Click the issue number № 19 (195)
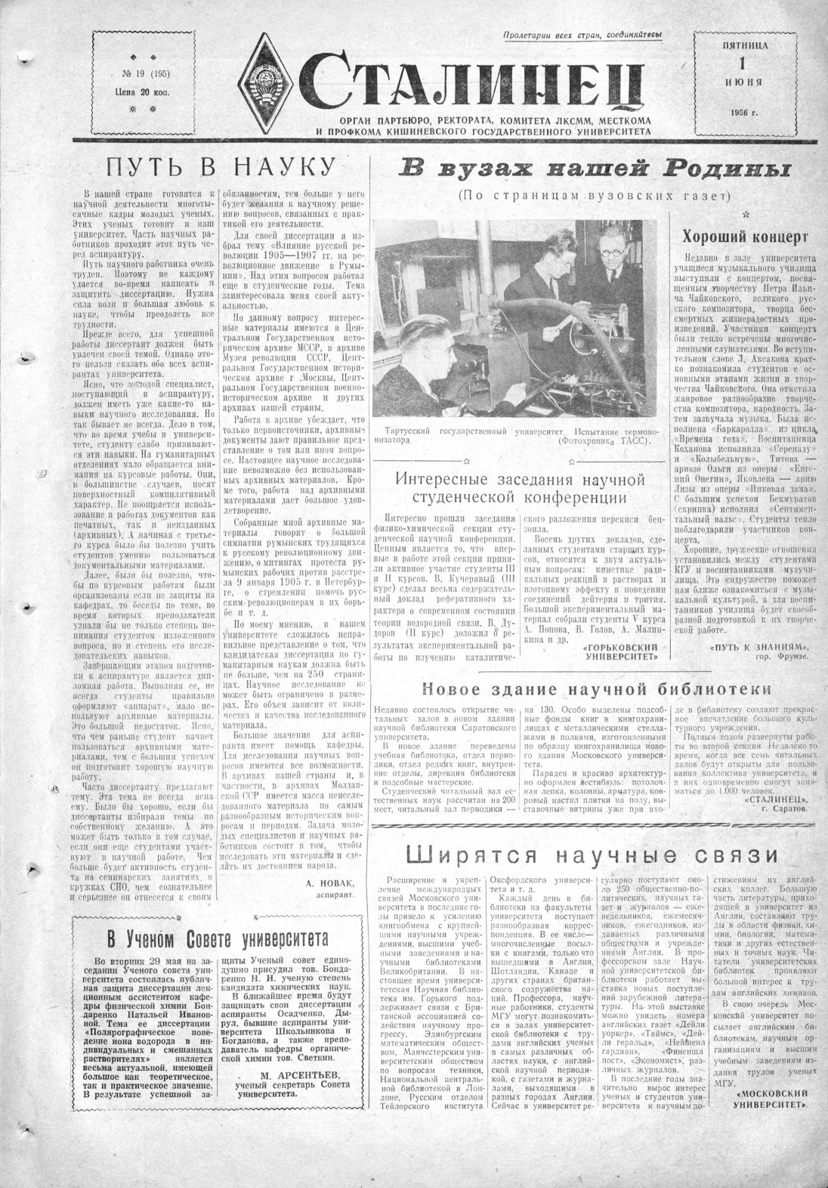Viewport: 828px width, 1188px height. pyautogui.click(x=135, y=73)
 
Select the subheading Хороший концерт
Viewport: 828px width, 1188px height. pyautogui.click(x=740, y=237)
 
